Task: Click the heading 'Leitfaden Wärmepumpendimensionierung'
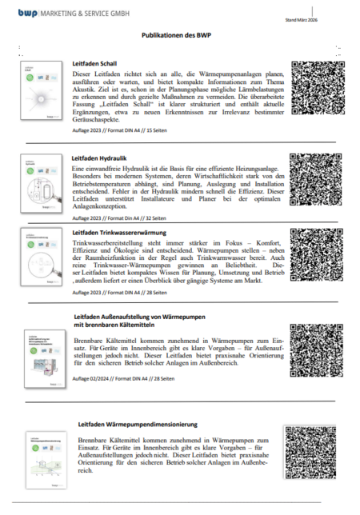click(x=137, y=421)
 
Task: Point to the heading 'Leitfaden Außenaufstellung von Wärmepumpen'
click(x=146, y=318)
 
